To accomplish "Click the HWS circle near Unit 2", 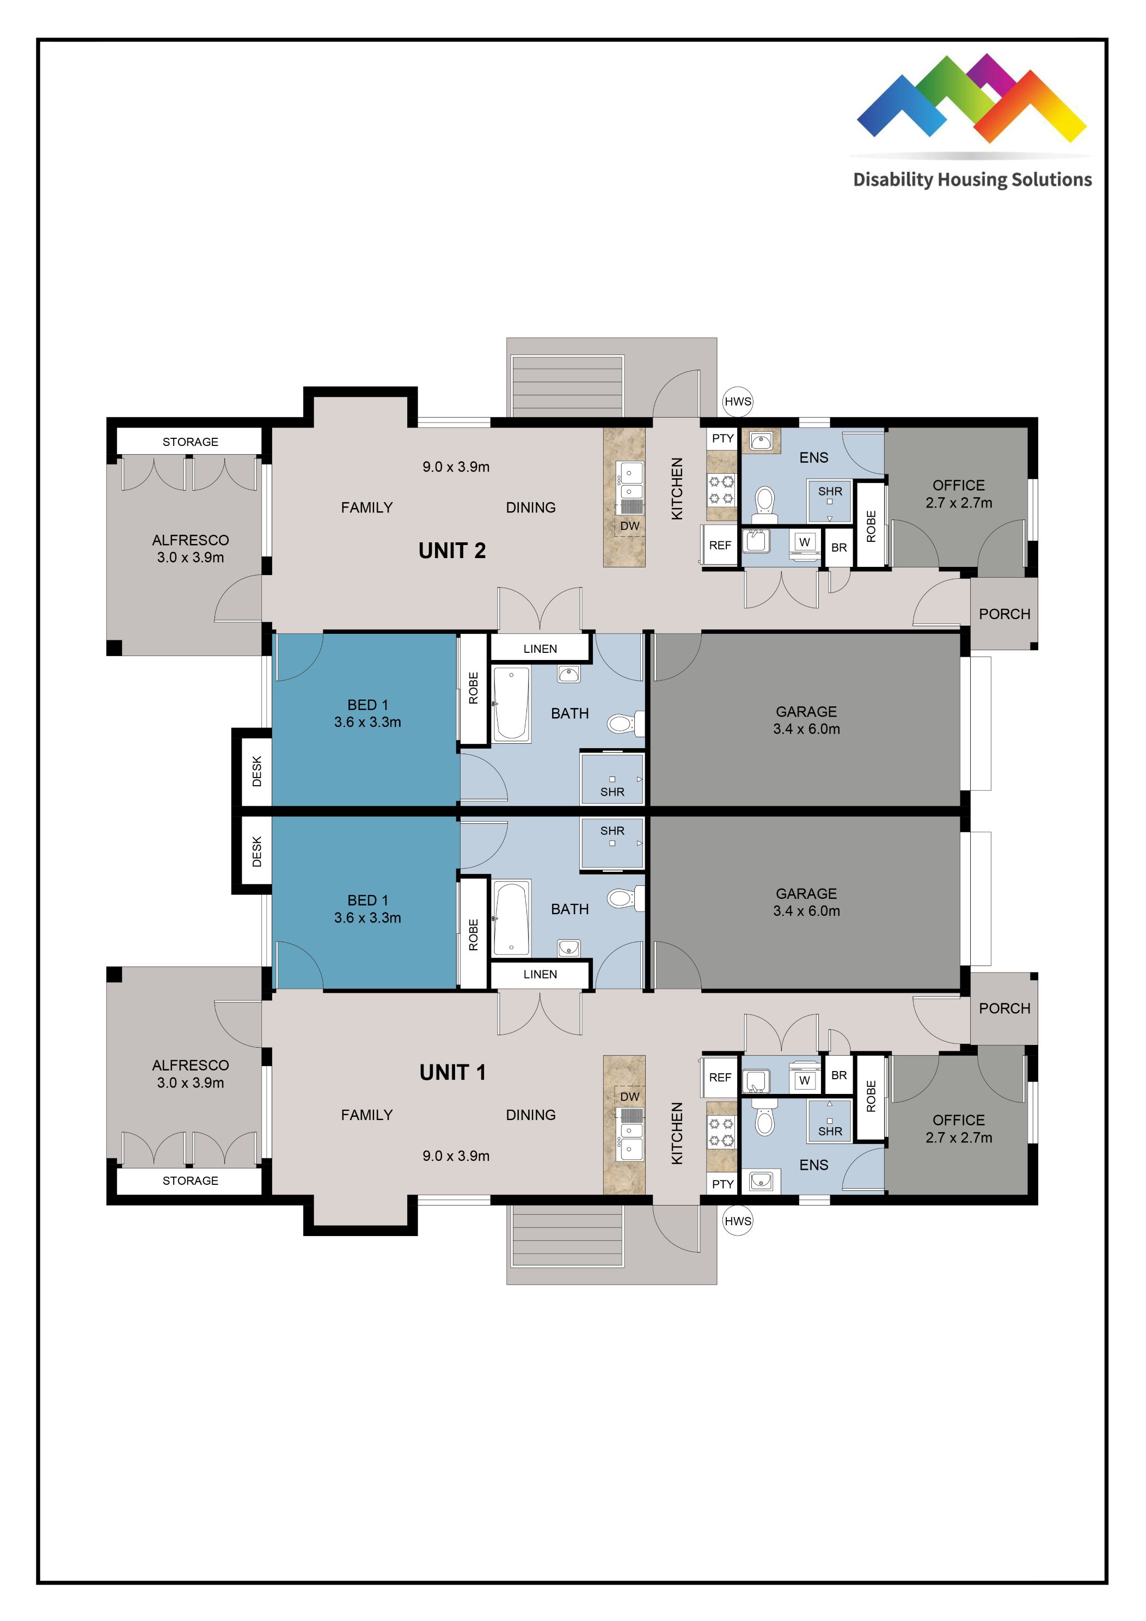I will [738, 402].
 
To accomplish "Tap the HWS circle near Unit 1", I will [738, 1221].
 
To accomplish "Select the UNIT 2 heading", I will [452, 550].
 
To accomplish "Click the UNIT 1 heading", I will [452, 1073].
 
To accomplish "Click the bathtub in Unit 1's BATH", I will [511, 918].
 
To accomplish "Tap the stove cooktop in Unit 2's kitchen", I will [721, 490].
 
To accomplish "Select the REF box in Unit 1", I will [720, 1078].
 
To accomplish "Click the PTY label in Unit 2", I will [722, 438].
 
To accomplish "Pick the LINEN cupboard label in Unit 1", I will [540, 974].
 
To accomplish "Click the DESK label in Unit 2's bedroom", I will [257, 771].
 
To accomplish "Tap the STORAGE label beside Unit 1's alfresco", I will [190, 1180].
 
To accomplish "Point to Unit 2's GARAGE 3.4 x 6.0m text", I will [806, 720].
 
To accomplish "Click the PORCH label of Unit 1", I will [1004, 1008].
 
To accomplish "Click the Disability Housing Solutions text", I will [972, 179].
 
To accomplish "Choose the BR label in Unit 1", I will [839, 1075].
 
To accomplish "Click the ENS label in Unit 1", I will [813, 1165].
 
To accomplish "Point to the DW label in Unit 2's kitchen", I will [629, 526].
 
